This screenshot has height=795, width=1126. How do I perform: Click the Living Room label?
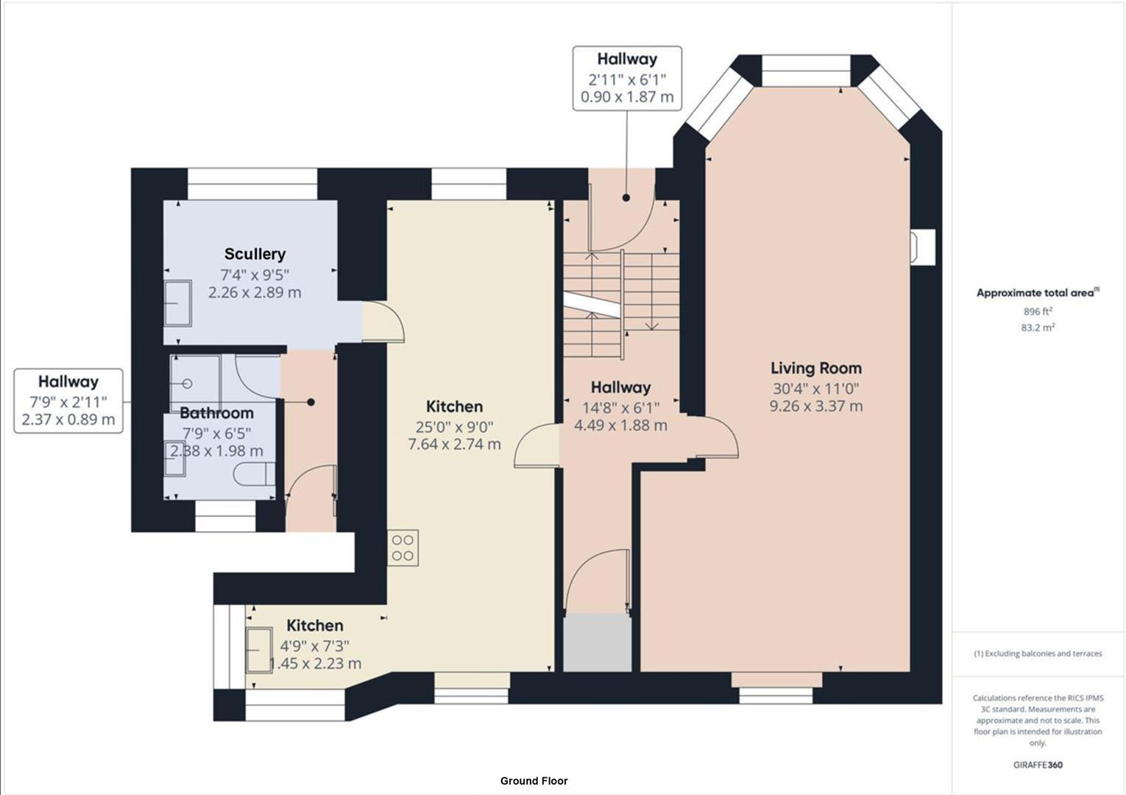tap(815, 368)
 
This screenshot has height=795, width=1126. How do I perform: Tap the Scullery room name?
tap(255, 254)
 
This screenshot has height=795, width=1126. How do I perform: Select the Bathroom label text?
tap(216, 413)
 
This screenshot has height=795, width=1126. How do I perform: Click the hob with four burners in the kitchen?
tap(403, 548)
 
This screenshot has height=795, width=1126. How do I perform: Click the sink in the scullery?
tap(177, 303)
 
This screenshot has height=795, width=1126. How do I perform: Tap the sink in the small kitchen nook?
tap(259, 650)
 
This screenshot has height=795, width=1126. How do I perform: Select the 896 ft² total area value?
tap(1038, 311)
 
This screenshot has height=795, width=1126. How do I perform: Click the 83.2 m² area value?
tap(1038, 328)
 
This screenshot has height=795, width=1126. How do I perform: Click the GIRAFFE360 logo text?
tap(1038, 765)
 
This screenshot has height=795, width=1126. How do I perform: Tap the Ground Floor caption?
tap(534, 781)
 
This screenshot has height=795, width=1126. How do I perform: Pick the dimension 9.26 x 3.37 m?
tap(815, 406)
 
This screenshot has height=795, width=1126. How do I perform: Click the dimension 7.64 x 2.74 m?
tap(454, 445)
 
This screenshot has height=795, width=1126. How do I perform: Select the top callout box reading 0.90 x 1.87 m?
tap(627, 79)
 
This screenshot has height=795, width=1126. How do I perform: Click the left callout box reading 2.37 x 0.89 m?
tap(68, 401)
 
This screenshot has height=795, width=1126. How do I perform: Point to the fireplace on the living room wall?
tap(923, 247)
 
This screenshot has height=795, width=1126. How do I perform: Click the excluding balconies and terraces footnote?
tap(1038, 654)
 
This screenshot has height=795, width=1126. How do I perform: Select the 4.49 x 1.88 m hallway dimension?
tap(620, 425)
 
